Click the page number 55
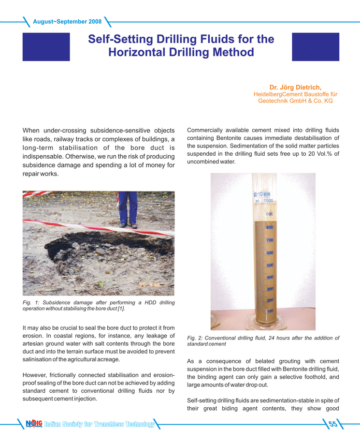click(x=333, y=425)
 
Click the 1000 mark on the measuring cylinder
click(x=268, y=201)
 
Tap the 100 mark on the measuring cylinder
click(x=270, y=311)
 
